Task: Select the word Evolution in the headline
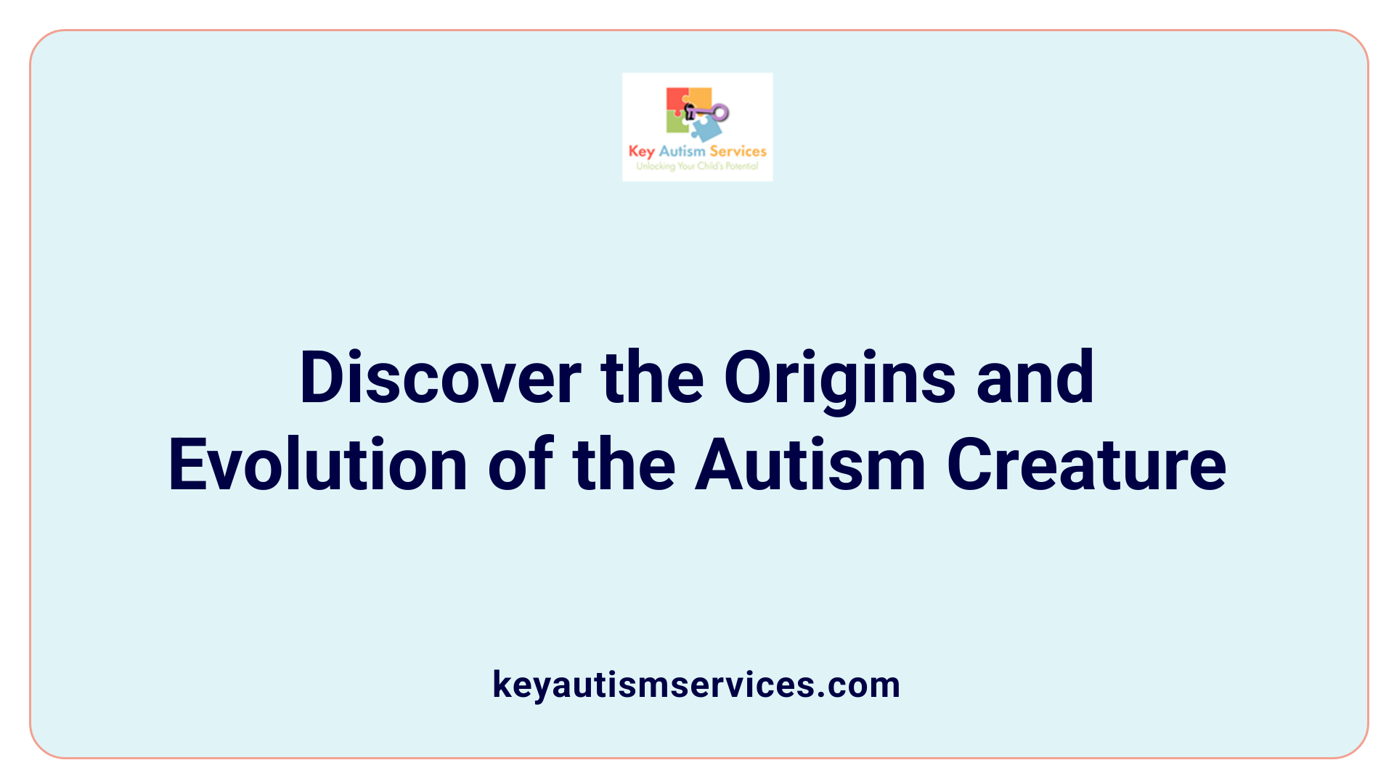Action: click(x=318, y=465)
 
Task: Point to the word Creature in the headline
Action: click(x=1086, y=465)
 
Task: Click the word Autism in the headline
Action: click(x=810, y=465)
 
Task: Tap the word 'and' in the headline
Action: click(x=1035, y=378)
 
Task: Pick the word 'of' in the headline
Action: click(x=521, y=465)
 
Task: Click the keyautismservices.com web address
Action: click(x=696, y=685)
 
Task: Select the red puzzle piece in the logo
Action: click(x=677, y=99)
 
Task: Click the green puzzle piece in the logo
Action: click(x=677, y=123)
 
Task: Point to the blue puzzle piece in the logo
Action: click(x=706, y=128)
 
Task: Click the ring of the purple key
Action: click(x=720, y=113)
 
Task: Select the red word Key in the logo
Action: click(x=641, y=152)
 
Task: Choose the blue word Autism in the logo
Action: click(x=682, y=151)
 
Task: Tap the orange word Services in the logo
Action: click(x=738, y=151)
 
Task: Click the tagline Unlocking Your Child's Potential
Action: click(x=697, y=166)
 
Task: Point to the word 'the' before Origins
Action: click(x=652, y=378)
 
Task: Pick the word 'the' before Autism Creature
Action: click(x=624, y=465)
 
